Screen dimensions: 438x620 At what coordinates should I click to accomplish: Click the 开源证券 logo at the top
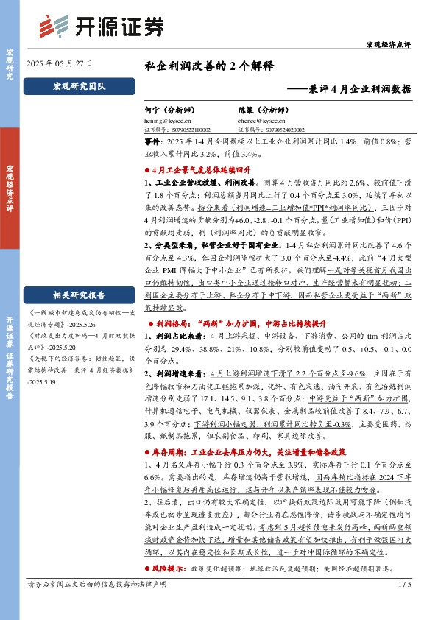101,27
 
